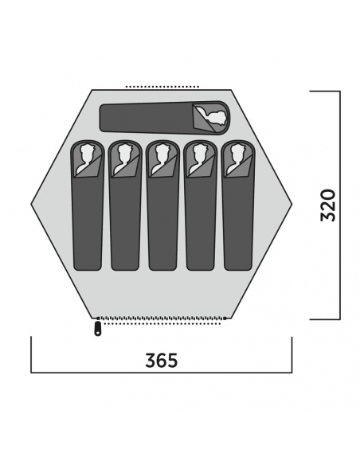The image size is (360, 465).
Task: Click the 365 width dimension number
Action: click(x=162, y=361)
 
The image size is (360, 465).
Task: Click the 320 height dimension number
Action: click(x=328, y=205)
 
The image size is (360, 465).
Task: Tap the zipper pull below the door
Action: click(x=97, y=329)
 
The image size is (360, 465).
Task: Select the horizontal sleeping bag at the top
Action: click(x=165, y=118)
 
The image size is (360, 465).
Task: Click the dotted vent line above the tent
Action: click(x=162, y=87)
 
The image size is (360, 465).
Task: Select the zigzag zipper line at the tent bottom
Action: click(x=162, y=318)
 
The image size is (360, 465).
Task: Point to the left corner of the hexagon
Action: click(x=31, y=204)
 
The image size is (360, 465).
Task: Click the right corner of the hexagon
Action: click(x=292, y=204)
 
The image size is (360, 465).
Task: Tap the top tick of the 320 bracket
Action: click(x=325, y=91)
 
